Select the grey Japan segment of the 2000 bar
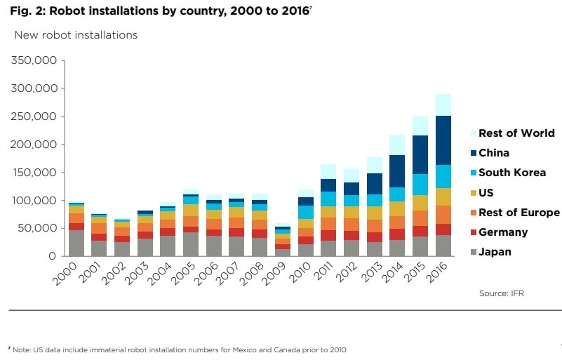(76, 243)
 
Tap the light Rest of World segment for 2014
(397, 145)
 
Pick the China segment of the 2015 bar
(420, 155)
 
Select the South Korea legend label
(511, 173)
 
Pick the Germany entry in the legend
(503, 232)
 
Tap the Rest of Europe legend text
(518, 213)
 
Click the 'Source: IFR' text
(502, 293)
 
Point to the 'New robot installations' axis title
(76, 34)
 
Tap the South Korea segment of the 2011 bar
(328, 199)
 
